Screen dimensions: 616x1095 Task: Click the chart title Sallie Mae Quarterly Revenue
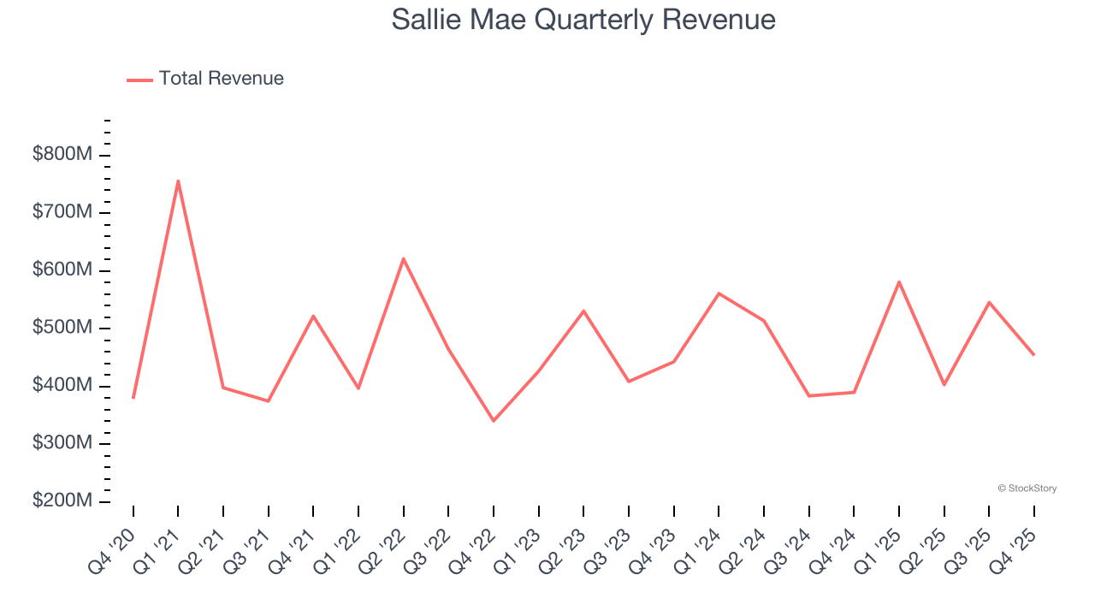583,20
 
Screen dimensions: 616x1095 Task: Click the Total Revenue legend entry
205,79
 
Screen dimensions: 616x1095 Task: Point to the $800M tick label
62,155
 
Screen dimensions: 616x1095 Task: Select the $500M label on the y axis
62,329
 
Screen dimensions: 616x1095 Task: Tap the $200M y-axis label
62,501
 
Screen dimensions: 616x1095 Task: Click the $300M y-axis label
62,443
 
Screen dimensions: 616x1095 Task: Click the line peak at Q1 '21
178,181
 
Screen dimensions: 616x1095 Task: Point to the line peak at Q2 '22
403,258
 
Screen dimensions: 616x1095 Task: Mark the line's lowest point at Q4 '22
494,420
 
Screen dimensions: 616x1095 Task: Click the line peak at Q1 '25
899,281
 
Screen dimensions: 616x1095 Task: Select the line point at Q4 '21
313,316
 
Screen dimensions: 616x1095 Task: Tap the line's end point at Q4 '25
1033,354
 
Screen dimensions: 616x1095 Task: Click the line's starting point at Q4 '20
133,398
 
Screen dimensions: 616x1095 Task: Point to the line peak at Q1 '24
719,293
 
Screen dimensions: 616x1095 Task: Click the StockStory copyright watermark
1027,489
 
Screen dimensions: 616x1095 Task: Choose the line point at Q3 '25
989,302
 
